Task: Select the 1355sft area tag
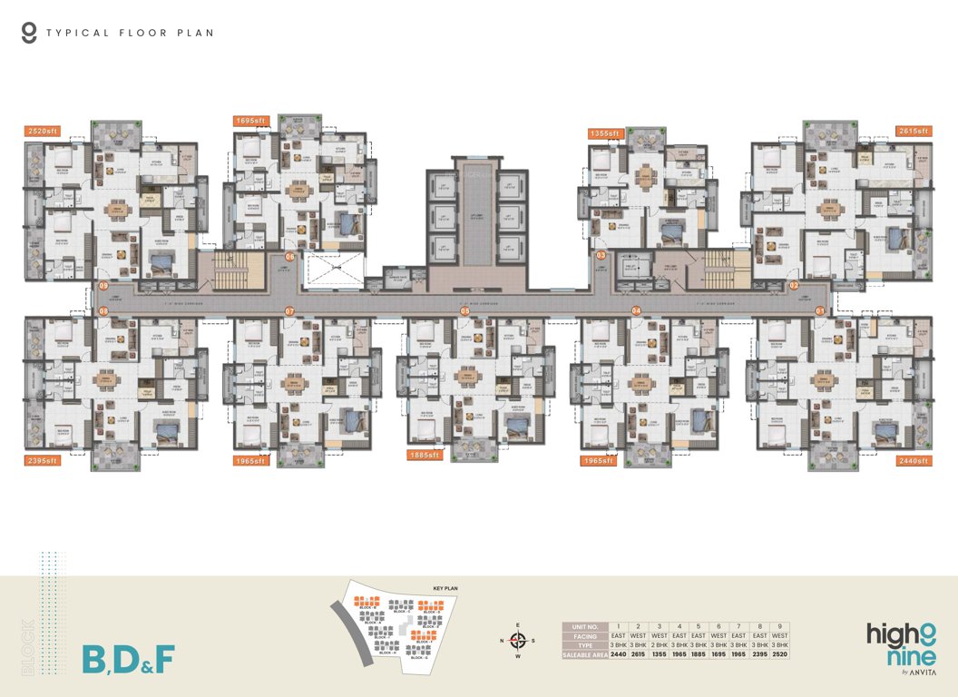click(604, 133)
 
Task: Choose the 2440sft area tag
click(914, 461)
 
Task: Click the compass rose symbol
click(518, 640)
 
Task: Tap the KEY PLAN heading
click(445, 588)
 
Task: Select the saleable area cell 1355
click(659, 653)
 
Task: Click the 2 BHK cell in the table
click(659, 644)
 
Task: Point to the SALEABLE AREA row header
click(584, 653)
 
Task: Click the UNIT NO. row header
click(584, 626)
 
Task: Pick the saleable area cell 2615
click(639, 653)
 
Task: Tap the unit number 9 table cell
click(778, 626)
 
